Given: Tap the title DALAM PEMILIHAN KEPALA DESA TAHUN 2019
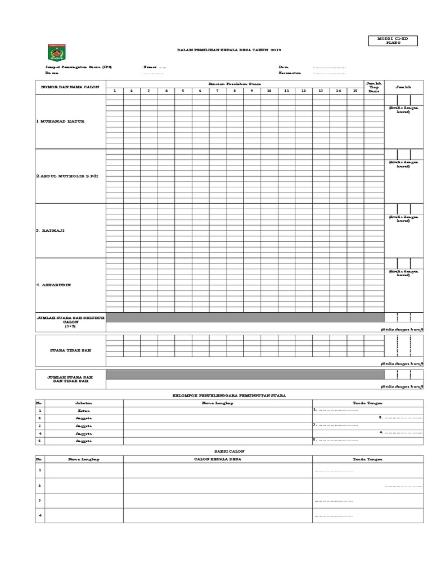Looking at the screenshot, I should (x=228, y=51).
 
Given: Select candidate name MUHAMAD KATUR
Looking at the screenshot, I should (x=60, y=121).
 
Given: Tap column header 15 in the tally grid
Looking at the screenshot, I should (x=355, y=91).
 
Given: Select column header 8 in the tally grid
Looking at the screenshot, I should (x=235, y=91).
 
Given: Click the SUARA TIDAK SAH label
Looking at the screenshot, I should (x=71, y=350).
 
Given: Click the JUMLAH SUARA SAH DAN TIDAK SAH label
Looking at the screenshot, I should (x=71, y=379).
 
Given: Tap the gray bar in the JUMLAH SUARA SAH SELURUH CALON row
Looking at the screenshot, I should (x=245, y=318).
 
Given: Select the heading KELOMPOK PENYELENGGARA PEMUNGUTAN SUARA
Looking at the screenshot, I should (x=228, y=395).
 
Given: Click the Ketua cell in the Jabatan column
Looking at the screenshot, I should (x=83, y=411).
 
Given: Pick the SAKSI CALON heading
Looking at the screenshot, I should (x=228, y=451).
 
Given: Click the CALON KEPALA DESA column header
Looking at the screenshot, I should (x=217, y=459).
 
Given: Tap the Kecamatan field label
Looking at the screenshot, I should (x=290, y=73).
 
